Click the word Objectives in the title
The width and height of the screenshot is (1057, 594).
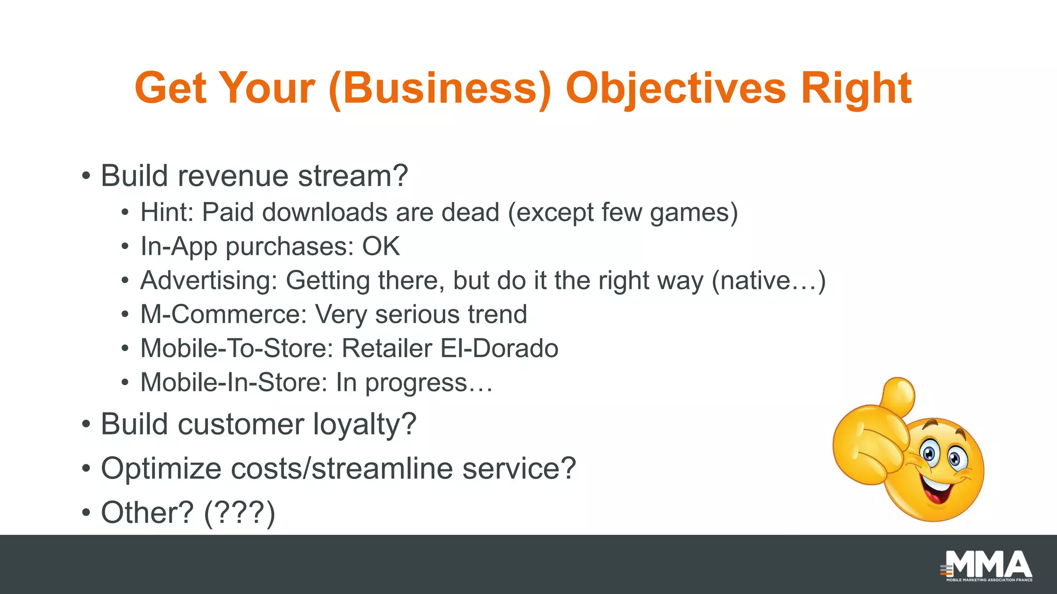coord(675,89)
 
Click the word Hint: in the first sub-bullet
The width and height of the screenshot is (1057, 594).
coord(167,212)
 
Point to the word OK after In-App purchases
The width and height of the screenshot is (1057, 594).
coord(381,246)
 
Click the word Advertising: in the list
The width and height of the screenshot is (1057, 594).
coord(209,281)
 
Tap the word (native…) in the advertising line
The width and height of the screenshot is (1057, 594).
coord(768,281)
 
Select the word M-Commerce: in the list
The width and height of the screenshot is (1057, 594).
coord(223,315)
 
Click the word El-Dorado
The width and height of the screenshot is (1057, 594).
coord(499,349)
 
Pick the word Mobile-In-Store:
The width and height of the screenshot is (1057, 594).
coord(234,383)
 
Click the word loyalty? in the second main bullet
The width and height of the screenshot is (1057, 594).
coord(364,424)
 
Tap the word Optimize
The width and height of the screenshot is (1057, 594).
coord(161,469)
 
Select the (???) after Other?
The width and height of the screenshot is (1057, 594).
coord(239,513)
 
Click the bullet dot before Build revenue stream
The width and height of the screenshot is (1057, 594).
coord(86,176)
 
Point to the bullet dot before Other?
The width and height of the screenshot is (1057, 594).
coord(86,513)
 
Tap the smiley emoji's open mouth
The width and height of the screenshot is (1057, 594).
coord(936,491)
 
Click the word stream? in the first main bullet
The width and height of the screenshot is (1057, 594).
coord(353,176)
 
